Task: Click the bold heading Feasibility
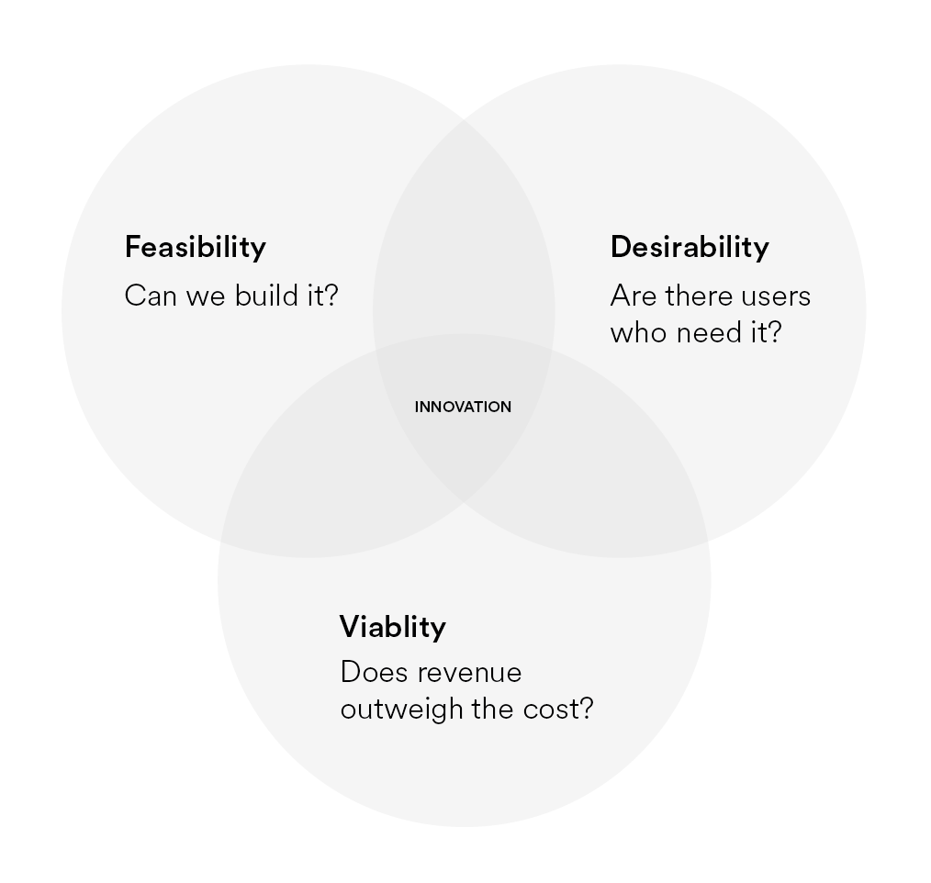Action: click(195, 247)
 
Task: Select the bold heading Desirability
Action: click(690, 247)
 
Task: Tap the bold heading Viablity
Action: click(393, 627)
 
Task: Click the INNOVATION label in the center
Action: click(463, 407)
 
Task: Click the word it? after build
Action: click(322, 296)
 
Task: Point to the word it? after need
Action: click(765, 332)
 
